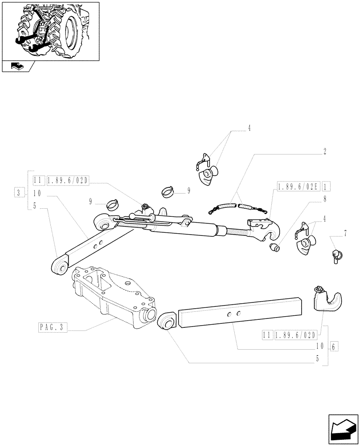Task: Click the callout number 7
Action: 344,232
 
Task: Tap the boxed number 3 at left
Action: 18,193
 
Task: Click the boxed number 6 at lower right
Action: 335,346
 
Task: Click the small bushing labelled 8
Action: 275,247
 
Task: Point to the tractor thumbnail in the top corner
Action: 50,30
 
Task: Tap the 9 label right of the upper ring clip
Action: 189,190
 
